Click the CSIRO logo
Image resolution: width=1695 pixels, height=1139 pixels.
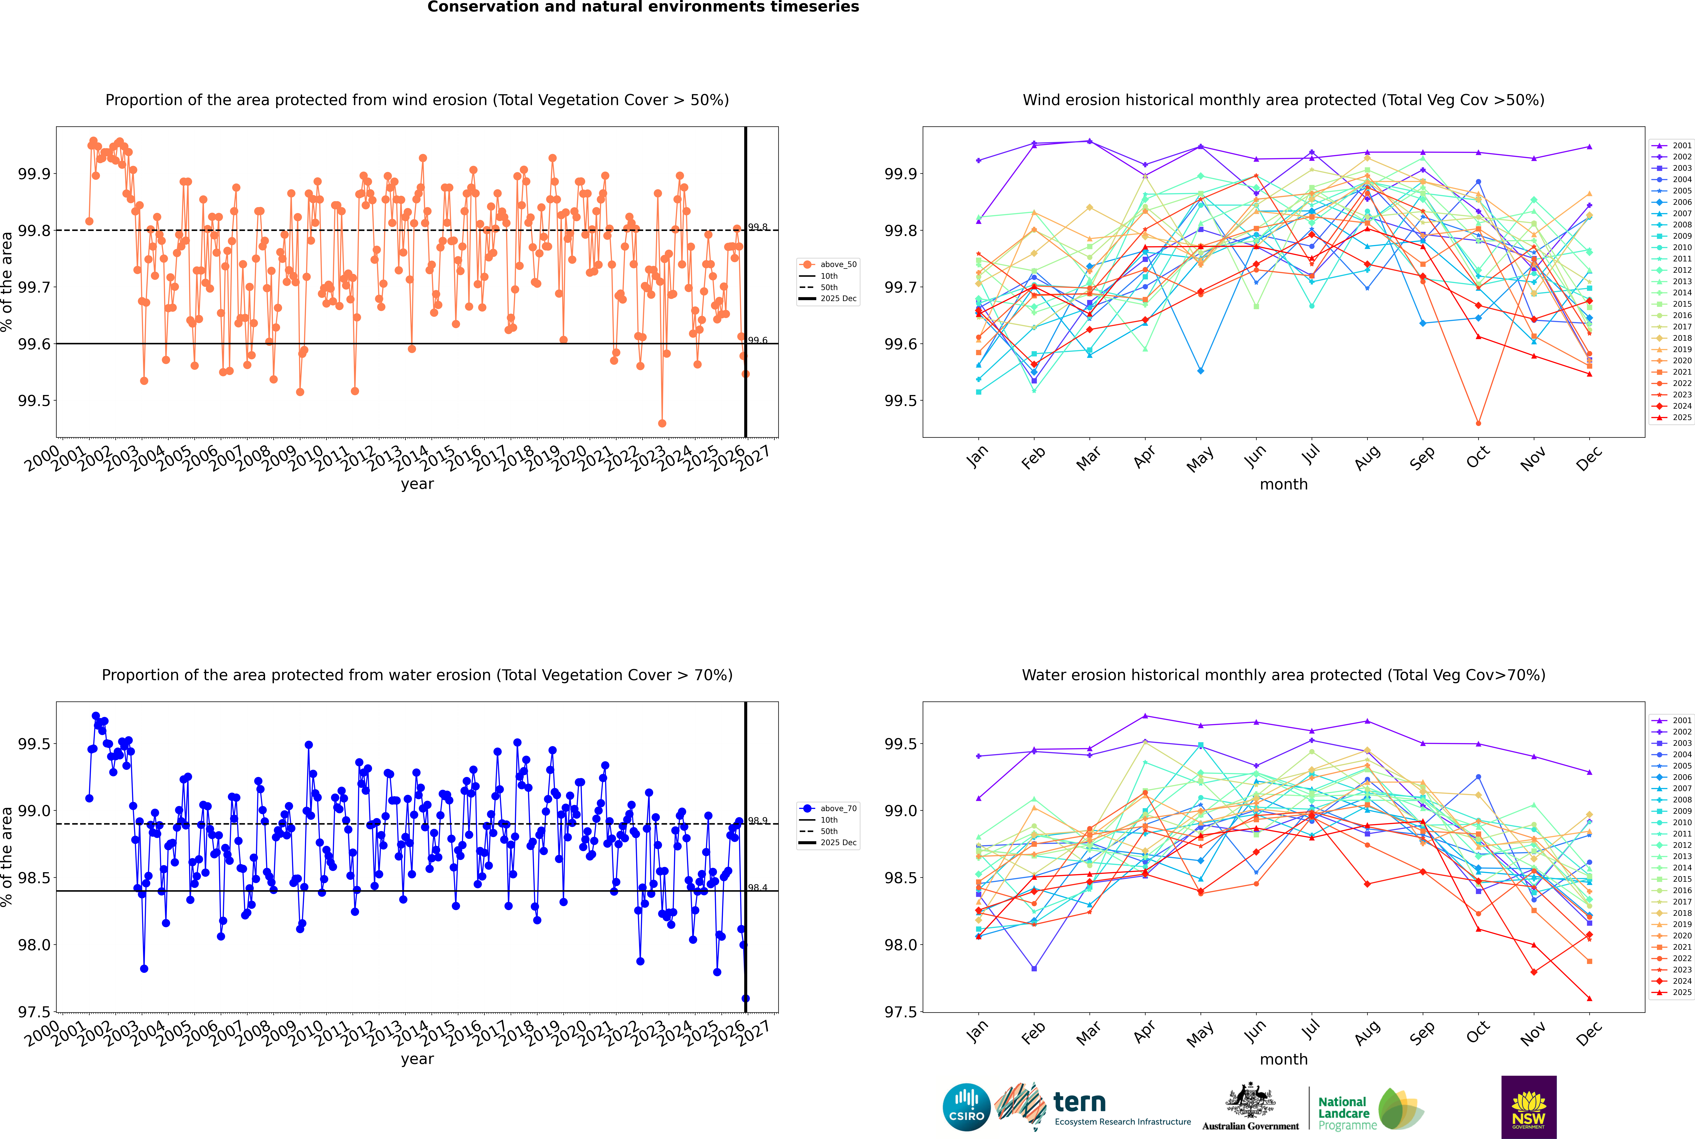[966, 1107]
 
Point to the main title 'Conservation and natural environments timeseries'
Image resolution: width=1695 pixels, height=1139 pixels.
[643, 7]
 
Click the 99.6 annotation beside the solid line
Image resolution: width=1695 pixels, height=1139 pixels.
[758, 340]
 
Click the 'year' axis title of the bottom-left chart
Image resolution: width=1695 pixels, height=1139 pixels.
[417, 1059]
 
